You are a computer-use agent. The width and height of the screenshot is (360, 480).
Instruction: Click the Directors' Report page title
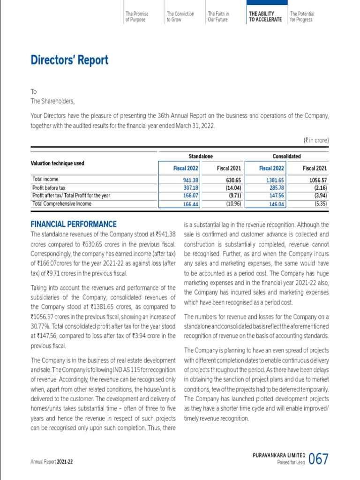click(69, 60)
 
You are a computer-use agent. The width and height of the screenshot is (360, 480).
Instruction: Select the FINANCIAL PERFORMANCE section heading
click(74, 225)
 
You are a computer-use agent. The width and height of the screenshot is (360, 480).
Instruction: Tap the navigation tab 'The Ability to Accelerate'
click(265, 17)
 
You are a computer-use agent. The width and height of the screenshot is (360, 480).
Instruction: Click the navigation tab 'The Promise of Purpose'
click(136, 17)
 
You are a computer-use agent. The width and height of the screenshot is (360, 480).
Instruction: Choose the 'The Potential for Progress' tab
click(302, 17)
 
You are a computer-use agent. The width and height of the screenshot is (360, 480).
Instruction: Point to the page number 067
click(319, 459)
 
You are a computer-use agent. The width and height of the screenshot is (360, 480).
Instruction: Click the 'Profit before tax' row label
click(49, 187)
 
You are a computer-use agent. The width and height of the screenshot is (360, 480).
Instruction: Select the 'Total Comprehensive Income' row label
click(62, 204)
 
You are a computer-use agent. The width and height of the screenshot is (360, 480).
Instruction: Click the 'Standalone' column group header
click(201, 156)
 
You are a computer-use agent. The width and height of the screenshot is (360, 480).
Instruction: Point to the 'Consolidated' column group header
click(286, 156)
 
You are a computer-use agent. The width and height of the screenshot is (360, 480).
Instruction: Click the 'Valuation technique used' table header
click(57, 163)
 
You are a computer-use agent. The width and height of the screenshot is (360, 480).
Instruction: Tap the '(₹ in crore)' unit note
click(316, 140)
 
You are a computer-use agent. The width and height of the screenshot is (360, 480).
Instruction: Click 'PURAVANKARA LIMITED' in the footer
click(278, 455)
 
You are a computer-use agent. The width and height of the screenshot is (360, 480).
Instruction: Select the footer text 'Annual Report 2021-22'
click(52, 462)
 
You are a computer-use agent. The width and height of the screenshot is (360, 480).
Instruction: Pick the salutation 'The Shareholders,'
click(52, 101)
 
